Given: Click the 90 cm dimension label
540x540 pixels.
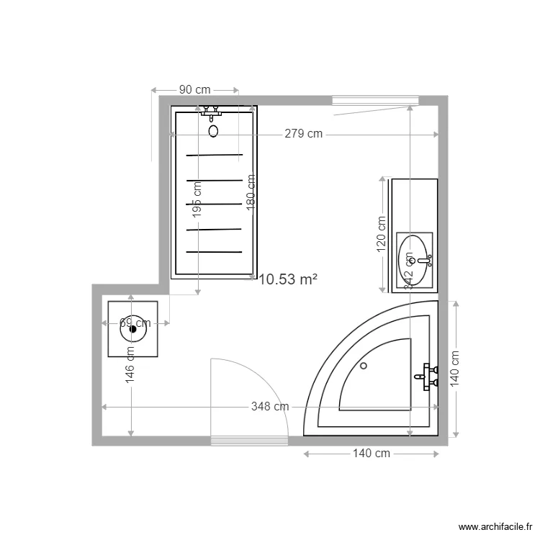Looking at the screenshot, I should point(194,89).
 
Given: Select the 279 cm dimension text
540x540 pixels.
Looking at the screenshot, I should point(303,133).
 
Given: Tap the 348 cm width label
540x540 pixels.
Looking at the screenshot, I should point(270,406).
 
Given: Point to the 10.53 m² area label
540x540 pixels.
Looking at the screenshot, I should point(288,279).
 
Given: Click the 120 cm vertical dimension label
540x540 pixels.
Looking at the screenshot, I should point(382,235).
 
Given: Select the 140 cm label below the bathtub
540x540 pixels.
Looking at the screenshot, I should point(371,453).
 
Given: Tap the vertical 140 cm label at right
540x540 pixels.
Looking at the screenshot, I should point(454,369).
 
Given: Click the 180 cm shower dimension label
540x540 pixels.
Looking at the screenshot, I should point(251,191).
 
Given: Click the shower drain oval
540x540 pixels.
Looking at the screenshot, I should point(213,131).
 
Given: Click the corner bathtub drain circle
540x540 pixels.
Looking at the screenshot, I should point(364,366).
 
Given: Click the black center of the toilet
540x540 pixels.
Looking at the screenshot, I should point(133,329).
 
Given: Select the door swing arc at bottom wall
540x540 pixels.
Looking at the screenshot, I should point(266,382).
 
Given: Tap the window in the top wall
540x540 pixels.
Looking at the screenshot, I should point(374,101).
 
